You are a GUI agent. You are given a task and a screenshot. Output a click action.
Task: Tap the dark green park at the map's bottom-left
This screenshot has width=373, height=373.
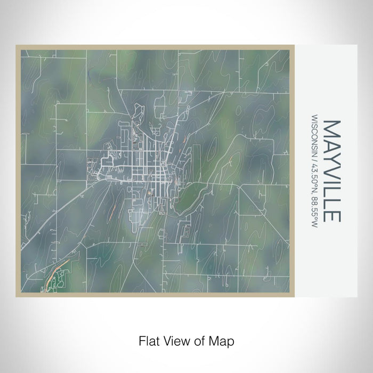[60, 280]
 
